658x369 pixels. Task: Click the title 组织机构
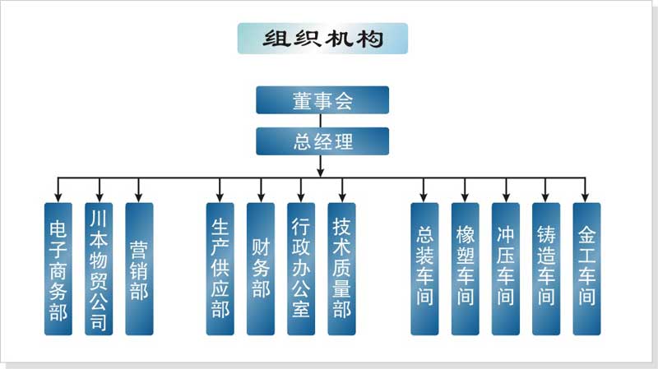tap(322, 39)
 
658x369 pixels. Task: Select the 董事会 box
tap(322, 101)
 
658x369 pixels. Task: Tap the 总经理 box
tap(322, 141)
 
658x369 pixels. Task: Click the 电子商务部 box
tap(58, 269)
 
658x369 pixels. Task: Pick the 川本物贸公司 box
tap(99, 269)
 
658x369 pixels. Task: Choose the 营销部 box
tap(139, 269)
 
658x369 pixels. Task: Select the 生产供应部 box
tap(220, 269)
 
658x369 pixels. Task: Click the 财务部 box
tap(260, 269)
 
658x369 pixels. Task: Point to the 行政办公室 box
tap(300, 269)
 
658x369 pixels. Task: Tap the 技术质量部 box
tap(341, 269)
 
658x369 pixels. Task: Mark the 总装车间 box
tap(424, 269)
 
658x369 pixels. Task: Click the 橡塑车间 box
tap(465, 269)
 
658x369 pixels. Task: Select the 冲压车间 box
tap(505, 269)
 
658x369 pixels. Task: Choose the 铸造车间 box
tap(545, 269)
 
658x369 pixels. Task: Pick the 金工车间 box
tap(586, 269)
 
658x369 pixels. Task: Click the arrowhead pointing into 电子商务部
tap(58, 197)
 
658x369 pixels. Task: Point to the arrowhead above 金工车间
tap(586, 197)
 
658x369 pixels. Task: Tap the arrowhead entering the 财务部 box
tap(260, 197)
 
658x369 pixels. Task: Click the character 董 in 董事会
tap(302, 101)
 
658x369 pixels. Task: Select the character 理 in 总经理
tap(342, 141)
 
